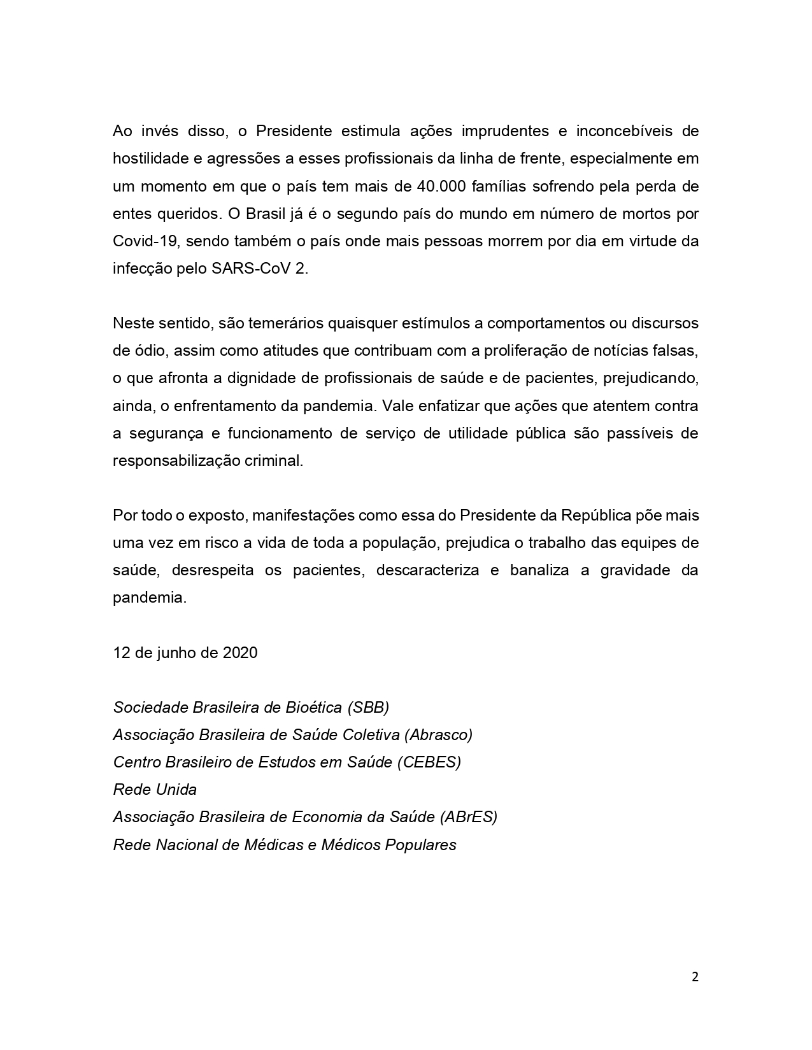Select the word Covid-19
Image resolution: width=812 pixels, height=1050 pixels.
coord(139,241)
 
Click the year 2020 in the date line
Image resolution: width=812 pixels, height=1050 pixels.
coord(240,652)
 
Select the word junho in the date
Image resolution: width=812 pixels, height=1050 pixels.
coord(175,652)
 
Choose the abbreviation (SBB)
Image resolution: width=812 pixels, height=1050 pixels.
coord(368,707)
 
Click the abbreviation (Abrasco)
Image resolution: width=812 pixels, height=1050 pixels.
coord(438,734)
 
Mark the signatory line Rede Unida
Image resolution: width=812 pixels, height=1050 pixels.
coord(155,790)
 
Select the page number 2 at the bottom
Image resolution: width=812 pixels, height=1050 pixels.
coord(695,977)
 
